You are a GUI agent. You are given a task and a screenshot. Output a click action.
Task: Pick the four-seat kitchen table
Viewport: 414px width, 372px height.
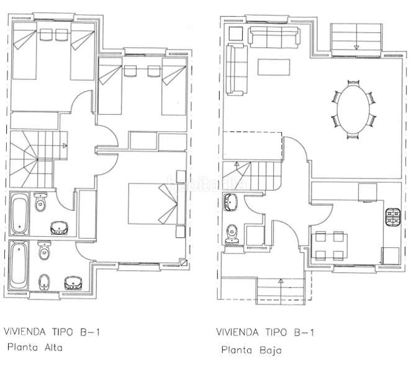point(329,245)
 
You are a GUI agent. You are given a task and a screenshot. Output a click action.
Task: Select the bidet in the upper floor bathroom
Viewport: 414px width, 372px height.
point(44,283)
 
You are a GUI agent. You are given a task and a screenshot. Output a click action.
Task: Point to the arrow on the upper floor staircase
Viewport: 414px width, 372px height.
point(65,146)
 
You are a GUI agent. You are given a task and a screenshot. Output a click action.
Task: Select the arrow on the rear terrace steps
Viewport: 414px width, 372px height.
point(357,46)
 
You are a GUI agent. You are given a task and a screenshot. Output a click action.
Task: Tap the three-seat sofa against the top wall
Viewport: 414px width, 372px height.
point(274,35)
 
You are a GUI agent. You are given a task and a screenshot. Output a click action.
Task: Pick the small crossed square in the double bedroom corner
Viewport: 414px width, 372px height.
point(183,262)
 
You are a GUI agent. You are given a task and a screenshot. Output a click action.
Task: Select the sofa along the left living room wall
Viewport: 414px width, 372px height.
point(235,71)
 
